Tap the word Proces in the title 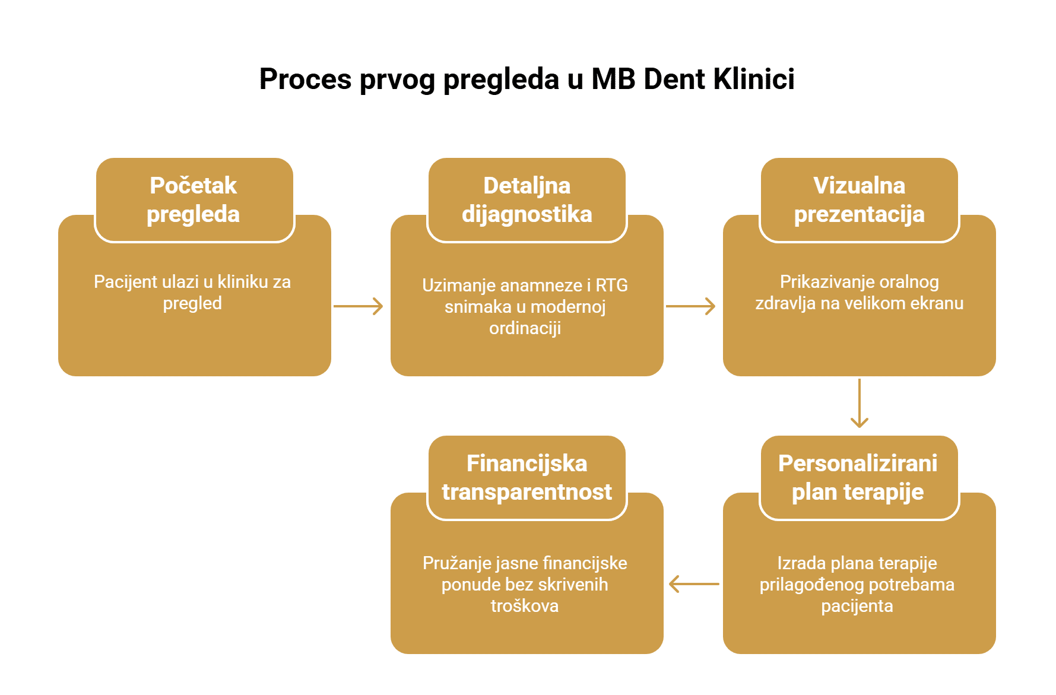[305, 79]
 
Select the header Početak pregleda [194, 200]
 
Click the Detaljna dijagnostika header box [527, 200]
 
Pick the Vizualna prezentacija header [859, 200]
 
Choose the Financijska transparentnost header [527, 478]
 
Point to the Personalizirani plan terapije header [858, 478]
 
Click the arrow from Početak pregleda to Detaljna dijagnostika [358, 306]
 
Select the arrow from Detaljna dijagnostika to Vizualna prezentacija [690, 306]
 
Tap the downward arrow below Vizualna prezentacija [859, 403]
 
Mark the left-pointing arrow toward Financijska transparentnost [694, 584]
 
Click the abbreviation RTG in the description [611, 285]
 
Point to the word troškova [525, 606]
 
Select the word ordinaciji [525, 328]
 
